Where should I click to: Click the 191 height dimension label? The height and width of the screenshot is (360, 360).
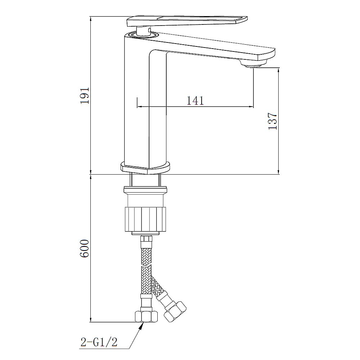pyautogui.click(x=85, y=95)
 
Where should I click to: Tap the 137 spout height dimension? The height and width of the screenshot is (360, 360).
pyautogui.click(x=273, y=121)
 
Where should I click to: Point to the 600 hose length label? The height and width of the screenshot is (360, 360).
pyautogui.click(x=84, y=248)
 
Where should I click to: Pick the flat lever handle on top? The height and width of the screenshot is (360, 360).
pyautogui.click(x=187, y=21)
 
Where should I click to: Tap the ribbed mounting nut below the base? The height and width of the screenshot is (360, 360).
pyautogui.click(x=145, y=219)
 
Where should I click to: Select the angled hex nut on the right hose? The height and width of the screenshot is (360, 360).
pyautogui.click(x=175, y=311)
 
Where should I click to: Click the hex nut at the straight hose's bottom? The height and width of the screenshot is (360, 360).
pyautogui.click(x=146, y=316)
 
